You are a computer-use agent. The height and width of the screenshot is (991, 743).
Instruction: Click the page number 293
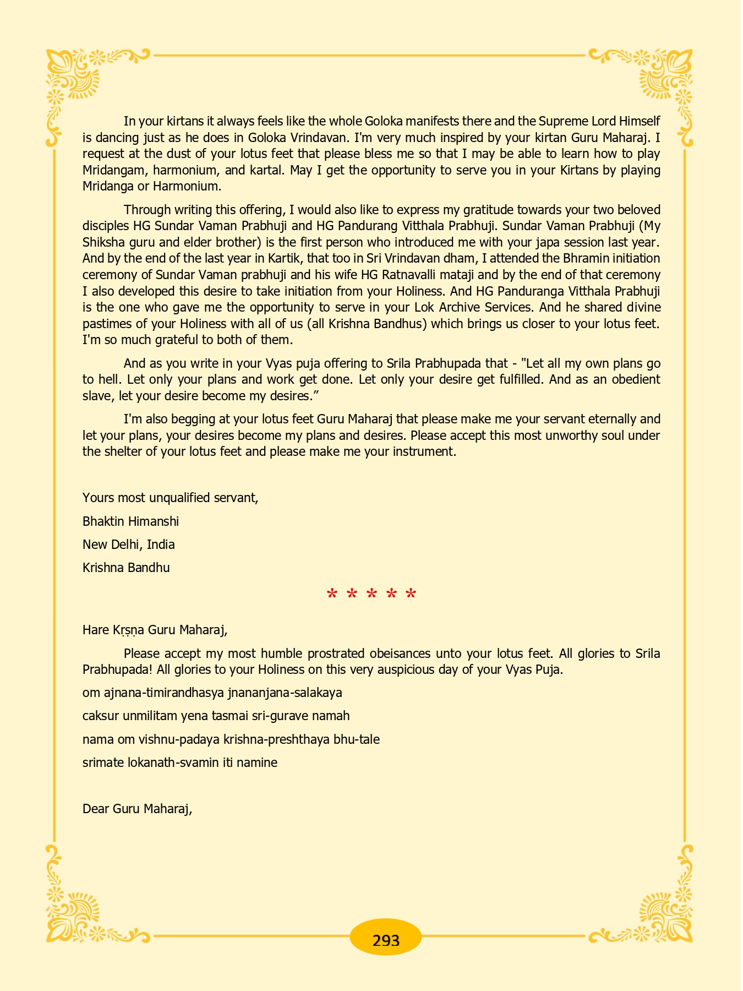click(x=386, y=940)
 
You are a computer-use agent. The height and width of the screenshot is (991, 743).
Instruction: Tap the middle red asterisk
click(x=371, y=595)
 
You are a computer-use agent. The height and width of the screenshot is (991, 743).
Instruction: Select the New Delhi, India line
click(x=129, y=544)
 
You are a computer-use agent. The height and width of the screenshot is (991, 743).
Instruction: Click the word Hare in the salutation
click(x=96, y=630)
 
